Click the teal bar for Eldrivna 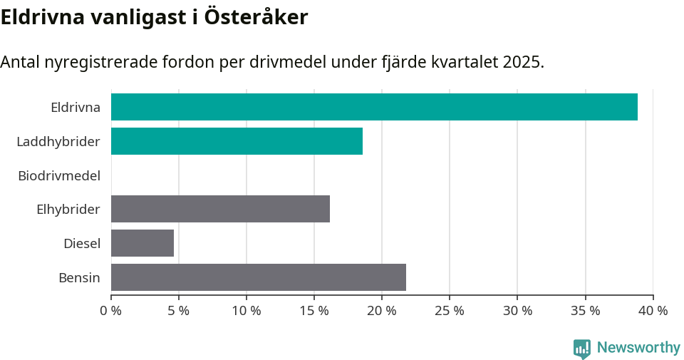point(374,107)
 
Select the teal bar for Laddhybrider point(237,141)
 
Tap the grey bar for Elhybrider point(220,209)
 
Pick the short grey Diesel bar point(142,243)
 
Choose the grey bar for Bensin point(259,277)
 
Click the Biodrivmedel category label point(59,175)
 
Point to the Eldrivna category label point(75,108)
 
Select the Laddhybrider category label point(58,141)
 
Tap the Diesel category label point(81,244)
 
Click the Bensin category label point(79,277)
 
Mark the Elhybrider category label point(68,210)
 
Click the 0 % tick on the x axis point(111,311)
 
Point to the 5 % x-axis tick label point(179,311)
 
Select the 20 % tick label point(382,311)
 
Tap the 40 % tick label point(653,311)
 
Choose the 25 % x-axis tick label point(450,311)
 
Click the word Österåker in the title point(256,17)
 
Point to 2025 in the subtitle point(522,62)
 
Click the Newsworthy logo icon point(582,349)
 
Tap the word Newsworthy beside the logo point(638,348)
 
